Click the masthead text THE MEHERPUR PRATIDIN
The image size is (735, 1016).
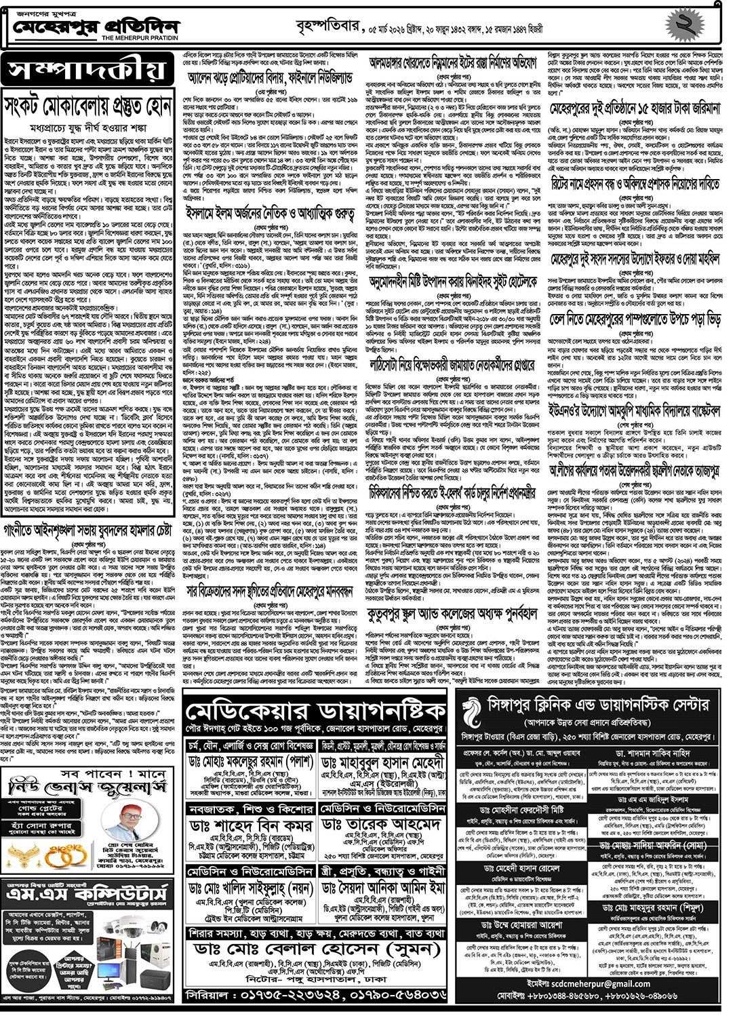(x=140, y=39)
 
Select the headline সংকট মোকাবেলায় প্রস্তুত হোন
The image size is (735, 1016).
(x=88, y=106)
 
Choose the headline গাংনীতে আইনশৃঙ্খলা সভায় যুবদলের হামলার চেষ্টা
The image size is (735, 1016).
(x=88, y=530)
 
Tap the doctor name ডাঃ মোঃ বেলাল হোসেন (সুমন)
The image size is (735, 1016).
(x=316, y=948)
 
